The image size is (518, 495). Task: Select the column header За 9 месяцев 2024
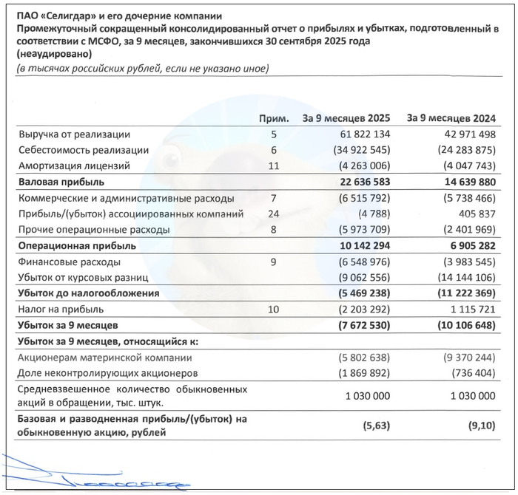(451, 118)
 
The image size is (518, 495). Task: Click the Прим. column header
(272, 118)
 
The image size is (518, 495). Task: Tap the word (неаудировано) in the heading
(54, 55)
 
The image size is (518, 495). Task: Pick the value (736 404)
(468, 374)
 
